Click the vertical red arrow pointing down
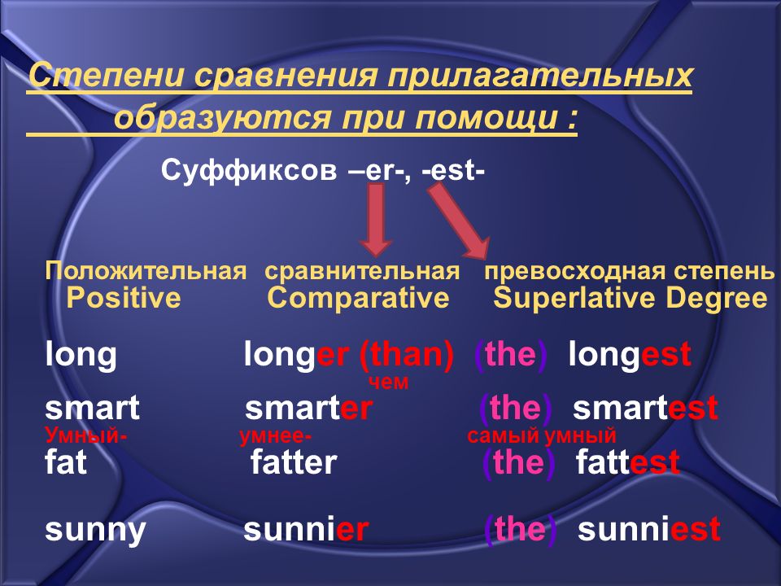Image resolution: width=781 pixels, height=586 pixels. (376, 219)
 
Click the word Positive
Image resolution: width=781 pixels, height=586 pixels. (124, 298)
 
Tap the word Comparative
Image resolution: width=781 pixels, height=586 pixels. (358, 299)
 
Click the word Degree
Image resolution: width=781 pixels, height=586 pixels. (716, 299)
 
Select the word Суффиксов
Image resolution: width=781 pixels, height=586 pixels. (249, 170)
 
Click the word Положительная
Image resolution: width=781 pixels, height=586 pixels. (146, 271)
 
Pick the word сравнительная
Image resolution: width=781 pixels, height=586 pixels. (362, 272)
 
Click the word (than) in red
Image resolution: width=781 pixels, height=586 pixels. (407, 355)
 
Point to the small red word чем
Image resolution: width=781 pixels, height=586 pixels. (389, 383)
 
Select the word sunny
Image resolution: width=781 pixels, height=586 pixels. (95, 530)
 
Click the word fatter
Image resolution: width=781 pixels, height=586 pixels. (294, 462)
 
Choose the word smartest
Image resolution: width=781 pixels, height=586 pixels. (645, 408)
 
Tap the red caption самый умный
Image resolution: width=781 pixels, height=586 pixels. (542, 435)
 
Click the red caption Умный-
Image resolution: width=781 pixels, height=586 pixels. (85, 435)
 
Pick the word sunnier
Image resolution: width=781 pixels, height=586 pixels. (306, 529)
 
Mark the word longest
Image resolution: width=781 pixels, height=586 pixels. (630, 354)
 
